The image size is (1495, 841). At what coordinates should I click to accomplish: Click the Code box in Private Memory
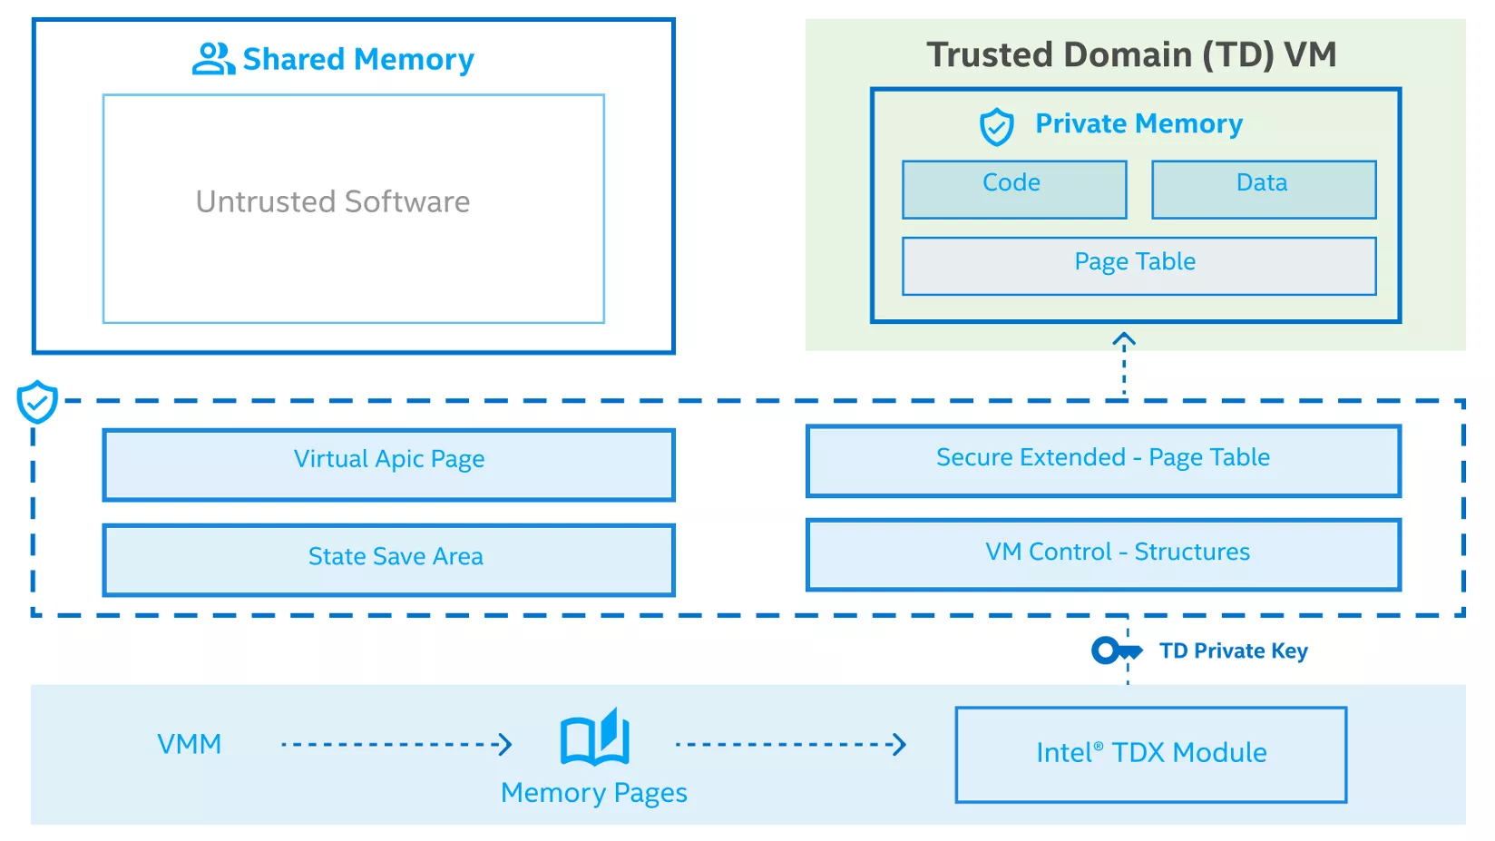(x=1014, y=190)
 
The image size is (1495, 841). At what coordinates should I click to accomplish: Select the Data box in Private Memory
(x=1264, y=190)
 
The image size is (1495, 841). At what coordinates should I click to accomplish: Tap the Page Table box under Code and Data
(x=1138, y=266)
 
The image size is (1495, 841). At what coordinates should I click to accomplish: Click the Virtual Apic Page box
(x=388, y=465)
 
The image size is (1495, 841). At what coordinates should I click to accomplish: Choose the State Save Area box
(x=388, y=560)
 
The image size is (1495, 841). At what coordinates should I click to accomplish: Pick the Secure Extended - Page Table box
(x=1103, y=461)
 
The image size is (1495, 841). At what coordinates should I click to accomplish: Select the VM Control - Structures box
(x=1103, y=554)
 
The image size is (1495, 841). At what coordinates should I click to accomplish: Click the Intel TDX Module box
(x=1150, y=755)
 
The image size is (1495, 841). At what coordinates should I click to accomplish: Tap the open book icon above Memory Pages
(x=595, y=738)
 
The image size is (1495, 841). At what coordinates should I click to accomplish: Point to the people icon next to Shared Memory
(x=213, y=59)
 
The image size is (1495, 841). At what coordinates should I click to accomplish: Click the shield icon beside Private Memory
(x=996, y=127)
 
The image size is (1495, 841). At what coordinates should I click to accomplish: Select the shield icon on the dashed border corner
(x=37, y=402)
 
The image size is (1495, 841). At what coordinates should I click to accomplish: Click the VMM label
(x=189, y=744)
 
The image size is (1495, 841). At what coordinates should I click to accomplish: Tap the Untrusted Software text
(x=333, y=201)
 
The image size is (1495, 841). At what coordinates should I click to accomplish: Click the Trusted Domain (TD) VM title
(x=1131, y=54)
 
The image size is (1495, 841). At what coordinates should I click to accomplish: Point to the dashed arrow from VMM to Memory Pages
(x=396, y=745)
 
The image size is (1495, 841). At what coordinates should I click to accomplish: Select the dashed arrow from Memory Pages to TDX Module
(x=790, y=745)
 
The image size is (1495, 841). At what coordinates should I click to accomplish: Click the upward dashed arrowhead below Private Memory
(x=1124, y=340)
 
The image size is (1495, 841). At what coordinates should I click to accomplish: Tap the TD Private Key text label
(x=1233, y=650)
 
